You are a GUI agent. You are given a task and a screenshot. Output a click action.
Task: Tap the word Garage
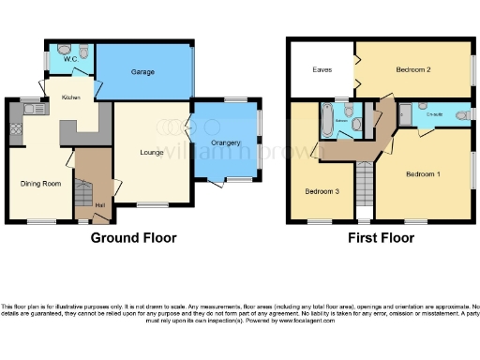coord(142,71)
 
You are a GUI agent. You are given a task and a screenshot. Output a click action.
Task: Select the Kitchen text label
coord(71,97)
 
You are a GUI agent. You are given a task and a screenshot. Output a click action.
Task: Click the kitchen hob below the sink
coord(17,127)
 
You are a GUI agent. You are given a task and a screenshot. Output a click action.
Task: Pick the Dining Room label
coord(39,183)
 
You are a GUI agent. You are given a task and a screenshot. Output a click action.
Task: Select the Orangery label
coord(226,142)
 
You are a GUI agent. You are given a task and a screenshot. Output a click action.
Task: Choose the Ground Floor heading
coord(133,238)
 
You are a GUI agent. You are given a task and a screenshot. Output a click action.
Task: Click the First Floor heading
coord(382,238)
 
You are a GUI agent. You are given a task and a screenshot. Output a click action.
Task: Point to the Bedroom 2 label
coord(412,69)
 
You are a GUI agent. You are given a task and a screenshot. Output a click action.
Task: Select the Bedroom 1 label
coord(423,174)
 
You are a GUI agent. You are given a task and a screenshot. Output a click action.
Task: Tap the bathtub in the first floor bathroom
coord(327,120)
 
